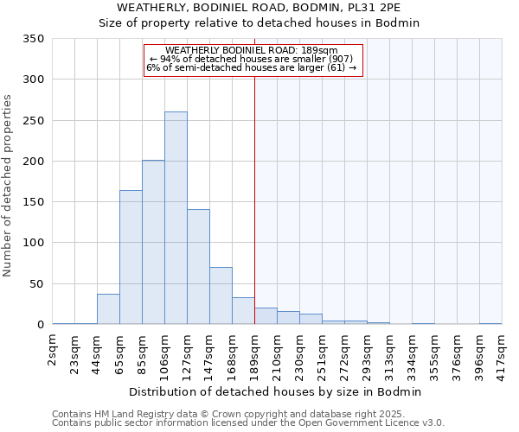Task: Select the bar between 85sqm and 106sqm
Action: tap(153, 242)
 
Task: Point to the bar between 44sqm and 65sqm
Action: tap(108, 309)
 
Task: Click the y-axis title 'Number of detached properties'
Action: tap(8, 185)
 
